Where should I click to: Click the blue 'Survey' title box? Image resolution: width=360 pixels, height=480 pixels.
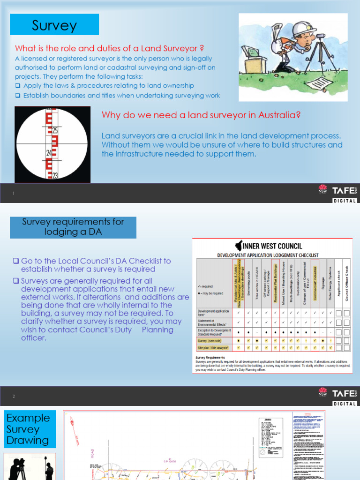54,25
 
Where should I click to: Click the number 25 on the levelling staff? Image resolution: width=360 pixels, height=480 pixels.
55,130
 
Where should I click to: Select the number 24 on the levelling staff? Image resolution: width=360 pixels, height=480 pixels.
48,153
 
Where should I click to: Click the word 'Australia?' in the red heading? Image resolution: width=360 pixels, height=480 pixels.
276,115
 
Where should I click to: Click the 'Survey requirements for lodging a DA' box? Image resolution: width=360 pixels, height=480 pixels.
73,227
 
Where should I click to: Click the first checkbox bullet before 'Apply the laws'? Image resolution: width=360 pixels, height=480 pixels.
17,86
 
